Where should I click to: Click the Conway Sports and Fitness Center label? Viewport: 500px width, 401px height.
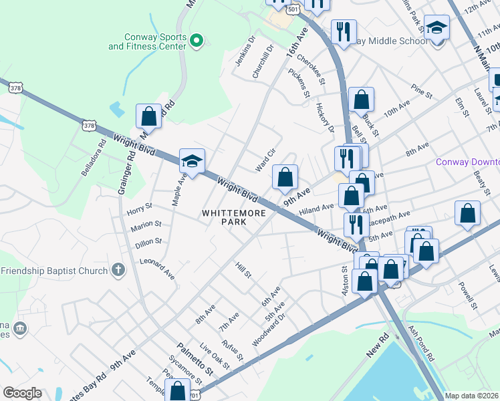(147, 41)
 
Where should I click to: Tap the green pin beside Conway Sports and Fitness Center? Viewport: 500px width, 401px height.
(196, 41)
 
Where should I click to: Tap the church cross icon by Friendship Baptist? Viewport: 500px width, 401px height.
(118, 271)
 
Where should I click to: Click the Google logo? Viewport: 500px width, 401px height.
(22, 393)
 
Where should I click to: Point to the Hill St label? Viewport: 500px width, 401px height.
(243, 269)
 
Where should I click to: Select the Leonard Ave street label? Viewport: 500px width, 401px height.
(157, 269)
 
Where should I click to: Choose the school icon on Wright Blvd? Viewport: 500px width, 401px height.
(192, 162)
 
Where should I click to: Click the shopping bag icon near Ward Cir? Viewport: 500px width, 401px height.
(285, 177)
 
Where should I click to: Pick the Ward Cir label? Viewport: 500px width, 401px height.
(266, 160)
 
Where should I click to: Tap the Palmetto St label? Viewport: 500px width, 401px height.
(195, 358)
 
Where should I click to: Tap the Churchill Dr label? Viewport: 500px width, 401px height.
(263, 62)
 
